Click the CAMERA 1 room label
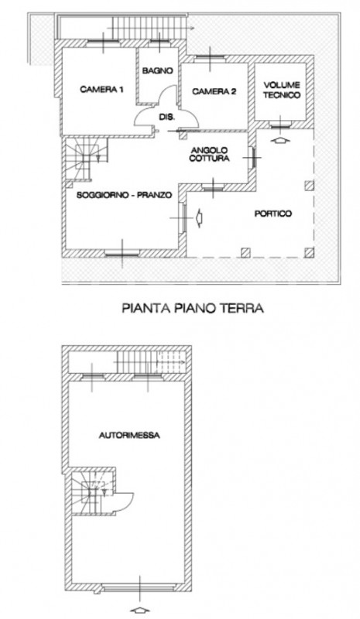102,91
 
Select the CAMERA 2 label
214,91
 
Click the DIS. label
166,117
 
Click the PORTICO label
273,214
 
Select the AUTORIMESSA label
129,436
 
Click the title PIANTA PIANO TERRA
194,307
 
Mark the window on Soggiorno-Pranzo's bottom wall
124,251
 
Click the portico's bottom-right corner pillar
310,251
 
